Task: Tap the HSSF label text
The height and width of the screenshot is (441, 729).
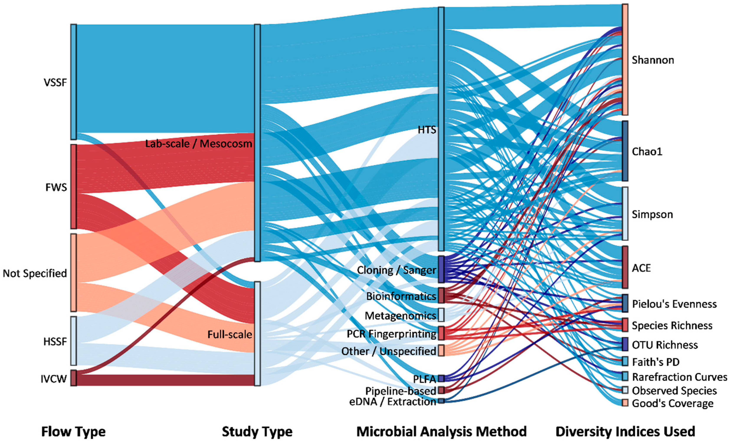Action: pyautogui.click(x=55, y=342)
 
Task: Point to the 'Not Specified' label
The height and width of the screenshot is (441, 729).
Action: pyautogui.click(x=35, y=273)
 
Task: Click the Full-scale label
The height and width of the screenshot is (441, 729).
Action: pyautogui.click(x=229, y=334)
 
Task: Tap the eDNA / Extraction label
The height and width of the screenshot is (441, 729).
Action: pyautogui.click(x=393, y=402)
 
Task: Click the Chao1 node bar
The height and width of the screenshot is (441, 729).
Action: pyautogui.click(x=625, y=151)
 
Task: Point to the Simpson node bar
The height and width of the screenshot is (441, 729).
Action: pyautogui.click(x=625, y=214)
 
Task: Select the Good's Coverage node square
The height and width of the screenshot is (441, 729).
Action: pyautogui.click(x=625, y=403)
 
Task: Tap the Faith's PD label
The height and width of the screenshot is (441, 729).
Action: pyautogui.click(x=656, y=362)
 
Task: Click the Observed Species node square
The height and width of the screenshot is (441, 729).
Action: pyautogui.click(x=625, y=390)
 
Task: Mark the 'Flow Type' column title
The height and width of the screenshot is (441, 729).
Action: pyautogui.click(x=73, y=431)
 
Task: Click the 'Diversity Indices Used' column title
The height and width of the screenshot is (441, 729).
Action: pyautogui.click(x=625, y=431)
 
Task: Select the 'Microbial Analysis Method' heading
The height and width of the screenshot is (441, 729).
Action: pyautogui.click(x=441, y=431)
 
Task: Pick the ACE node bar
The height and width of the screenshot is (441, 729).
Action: pyautogui.click(x=625, y=267)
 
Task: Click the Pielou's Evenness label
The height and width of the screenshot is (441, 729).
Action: pyautogui.click(x=674, y=304)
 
